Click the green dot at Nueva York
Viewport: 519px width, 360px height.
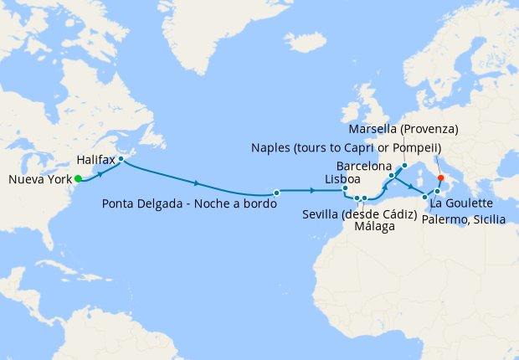tap(78, 178)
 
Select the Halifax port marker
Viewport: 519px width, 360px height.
tap(121, 159)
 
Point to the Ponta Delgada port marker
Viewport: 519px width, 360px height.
tap(275, 191)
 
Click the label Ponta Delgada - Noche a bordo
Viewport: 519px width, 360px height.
tap(189, 203)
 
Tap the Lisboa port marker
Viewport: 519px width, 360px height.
tap(344, 189)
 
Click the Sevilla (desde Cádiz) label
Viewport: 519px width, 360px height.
tap(361, 214)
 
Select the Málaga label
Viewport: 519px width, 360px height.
tap(373, 227)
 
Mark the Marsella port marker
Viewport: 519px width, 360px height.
tap(404, 165)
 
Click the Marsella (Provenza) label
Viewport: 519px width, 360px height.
tap(403, 129)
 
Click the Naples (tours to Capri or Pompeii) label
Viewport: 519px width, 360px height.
tap(346, 147)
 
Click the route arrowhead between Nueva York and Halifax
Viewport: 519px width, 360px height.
tap(101, 174)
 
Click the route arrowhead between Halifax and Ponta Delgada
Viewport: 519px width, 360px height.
tap(197, 183)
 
